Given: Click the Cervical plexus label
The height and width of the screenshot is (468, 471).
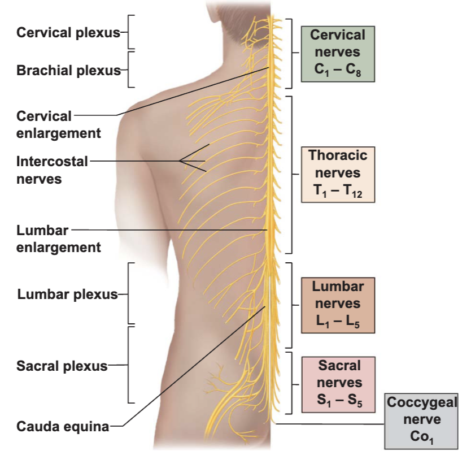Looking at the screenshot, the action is pyautogui.click(x=68, y=32).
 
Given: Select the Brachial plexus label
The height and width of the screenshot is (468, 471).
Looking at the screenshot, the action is pyautogui.click(x=68, y=70).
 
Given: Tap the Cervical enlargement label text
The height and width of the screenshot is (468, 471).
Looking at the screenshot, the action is pyautogui.click(x=59, y=125).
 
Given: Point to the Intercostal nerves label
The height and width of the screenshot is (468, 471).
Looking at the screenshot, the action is pyautogui.click(x=52, y=170).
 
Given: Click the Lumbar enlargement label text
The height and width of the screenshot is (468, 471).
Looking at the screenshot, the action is pyautogui.click(x=59, y=239).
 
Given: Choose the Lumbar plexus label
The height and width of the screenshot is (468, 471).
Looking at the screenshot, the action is pyautogui.click(x=68, y=294).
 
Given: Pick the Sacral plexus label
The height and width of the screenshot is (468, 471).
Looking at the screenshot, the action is pyautogui.click(x=62, y=366).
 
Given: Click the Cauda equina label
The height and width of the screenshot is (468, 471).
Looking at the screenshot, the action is pyautogui.click(x=63, y=426).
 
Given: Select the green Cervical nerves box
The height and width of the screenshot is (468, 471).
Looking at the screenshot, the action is pyautogui.click(x=338, y=54).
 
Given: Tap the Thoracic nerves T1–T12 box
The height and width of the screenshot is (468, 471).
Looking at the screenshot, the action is pyautogui.click(x=338, y=174).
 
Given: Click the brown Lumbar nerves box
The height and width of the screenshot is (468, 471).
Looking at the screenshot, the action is pyautogui.click(x=338, y=305).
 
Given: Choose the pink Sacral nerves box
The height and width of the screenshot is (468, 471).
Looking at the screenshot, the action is pyautogui.click(x=338, y=385).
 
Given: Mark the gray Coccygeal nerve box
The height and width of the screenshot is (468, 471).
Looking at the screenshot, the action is pyautogui.click(x=421, y=421).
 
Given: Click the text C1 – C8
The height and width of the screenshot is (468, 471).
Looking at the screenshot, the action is pyautogui.click(x=338, y=70).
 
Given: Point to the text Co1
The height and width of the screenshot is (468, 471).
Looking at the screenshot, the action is pyautogui.click(x=422, y=437).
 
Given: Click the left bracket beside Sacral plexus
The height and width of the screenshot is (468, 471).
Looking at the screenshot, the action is pyautogui.click(x=128, y=365).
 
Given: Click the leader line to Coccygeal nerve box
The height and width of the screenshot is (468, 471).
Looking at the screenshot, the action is pyautogui.click(x=330, y=424).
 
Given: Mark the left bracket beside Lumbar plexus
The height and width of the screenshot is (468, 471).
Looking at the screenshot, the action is pyautogui.click(x=128, y=293).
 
